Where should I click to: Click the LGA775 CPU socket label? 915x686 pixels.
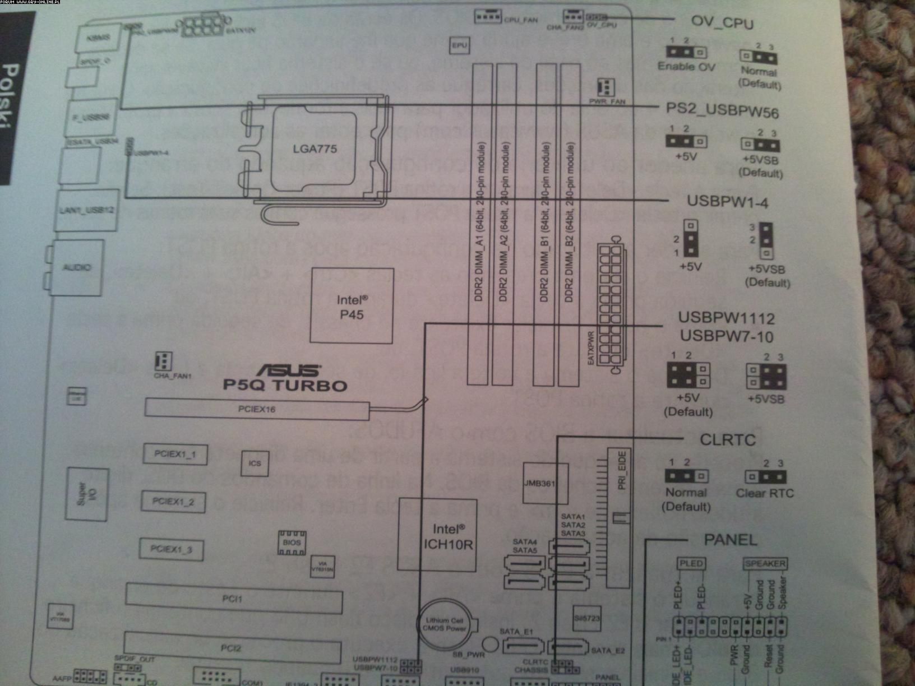315,149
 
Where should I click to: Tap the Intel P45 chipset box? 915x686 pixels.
352,307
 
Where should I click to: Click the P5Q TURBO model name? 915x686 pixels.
285,385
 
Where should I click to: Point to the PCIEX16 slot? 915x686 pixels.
257,409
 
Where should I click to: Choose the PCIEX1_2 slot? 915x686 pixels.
173,502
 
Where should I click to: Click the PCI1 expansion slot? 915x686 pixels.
233,599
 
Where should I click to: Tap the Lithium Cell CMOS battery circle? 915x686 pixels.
445,624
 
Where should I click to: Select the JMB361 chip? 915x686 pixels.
539,483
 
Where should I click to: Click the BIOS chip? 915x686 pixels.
292,542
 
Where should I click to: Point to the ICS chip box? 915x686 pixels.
255,463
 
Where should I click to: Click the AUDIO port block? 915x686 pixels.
77,267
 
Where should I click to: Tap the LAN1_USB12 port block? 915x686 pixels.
87,210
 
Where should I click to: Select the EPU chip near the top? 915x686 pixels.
459,45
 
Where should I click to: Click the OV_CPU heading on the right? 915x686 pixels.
722,23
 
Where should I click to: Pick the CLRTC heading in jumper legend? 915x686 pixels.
728,440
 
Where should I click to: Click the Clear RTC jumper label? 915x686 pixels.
765,493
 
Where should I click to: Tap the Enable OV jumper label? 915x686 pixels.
686,66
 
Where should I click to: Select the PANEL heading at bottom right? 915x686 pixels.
731,540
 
